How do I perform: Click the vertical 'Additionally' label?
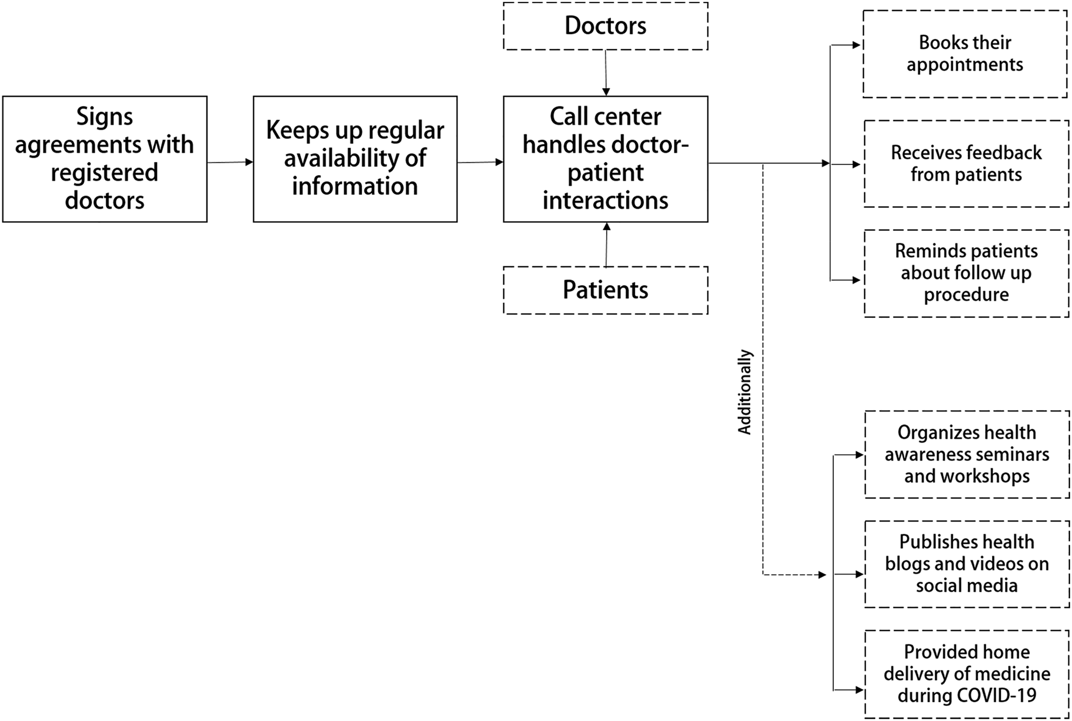point(745,392)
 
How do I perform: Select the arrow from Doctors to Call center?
point(606,73)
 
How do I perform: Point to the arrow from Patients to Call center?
point(606,245)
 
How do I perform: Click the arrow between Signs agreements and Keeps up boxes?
point(230,162)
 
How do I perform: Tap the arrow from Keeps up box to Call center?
point(480,162)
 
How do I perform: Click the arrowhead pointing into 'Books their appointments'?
point(856,45)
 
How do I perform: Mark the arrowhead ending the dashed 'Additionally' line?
point(822,575)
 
